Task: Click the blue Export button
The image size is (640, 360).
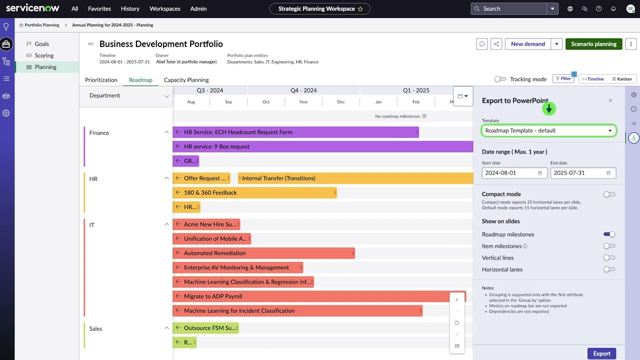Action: (x=601, y=353)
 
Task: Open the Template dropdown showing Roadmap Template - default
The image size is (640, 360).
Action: (x=548, y=130)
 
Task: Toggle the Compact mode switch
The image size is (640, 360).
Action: (x=609, y=194)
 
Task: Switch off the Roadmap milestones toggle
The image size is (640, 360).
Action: (x=609, y=234)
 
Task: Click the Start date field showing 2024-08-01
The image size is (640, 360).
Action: (x=513, y=173)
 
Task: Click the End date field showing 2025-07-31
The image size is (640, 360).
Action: (x=582, y=173)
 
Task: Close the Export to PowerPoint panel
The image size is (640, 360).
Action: (x=610, y=100)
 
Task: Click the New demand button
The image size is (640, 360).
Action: (x=527, y=44)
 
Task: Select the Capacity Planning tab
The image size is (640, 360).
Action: (x=186, y=80)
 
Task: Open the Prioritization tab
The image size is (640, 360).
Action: (x=101, y=80)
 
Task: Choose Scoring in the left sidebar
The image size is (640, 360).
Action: (x=44, y=55)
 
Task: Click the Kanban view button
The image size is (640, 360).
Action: (x=621, y=79)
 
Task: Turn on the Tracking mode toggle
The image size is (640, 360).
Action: (x=500, y=79)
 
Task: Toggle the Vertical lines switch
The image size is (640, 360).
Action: (x=609, y=258)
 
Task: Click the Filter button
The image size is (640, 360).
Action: (x=563, y=78)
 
